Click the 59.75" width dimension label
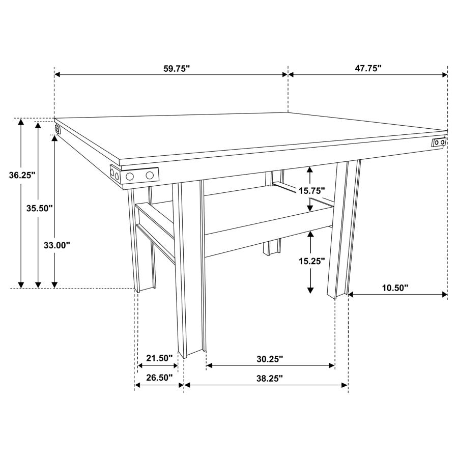pos(177,69)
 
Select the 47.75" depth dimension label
pos(368,69)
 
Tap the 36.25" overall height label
pos(22,176)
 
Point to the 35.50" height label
pos(40,208)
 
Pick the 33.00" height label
pos(56,245)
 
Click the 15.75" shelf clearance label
pos(311,190)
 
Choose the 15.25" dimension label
pos(311,261)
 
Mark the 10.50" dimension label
pos(395,288)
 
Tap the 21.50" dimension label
pos(160,358)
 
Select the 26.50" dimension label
pos(160,378)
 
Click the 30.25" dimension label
pos(269,359)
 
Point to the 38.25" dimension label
pos(269,378)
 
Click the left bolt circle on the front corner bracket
pos(130,176)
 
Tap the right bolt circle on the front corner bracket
pos(150,175)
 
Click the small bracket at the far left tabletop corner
pos(58,129)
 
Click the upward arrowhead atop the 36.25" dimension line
pos(21,122)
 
